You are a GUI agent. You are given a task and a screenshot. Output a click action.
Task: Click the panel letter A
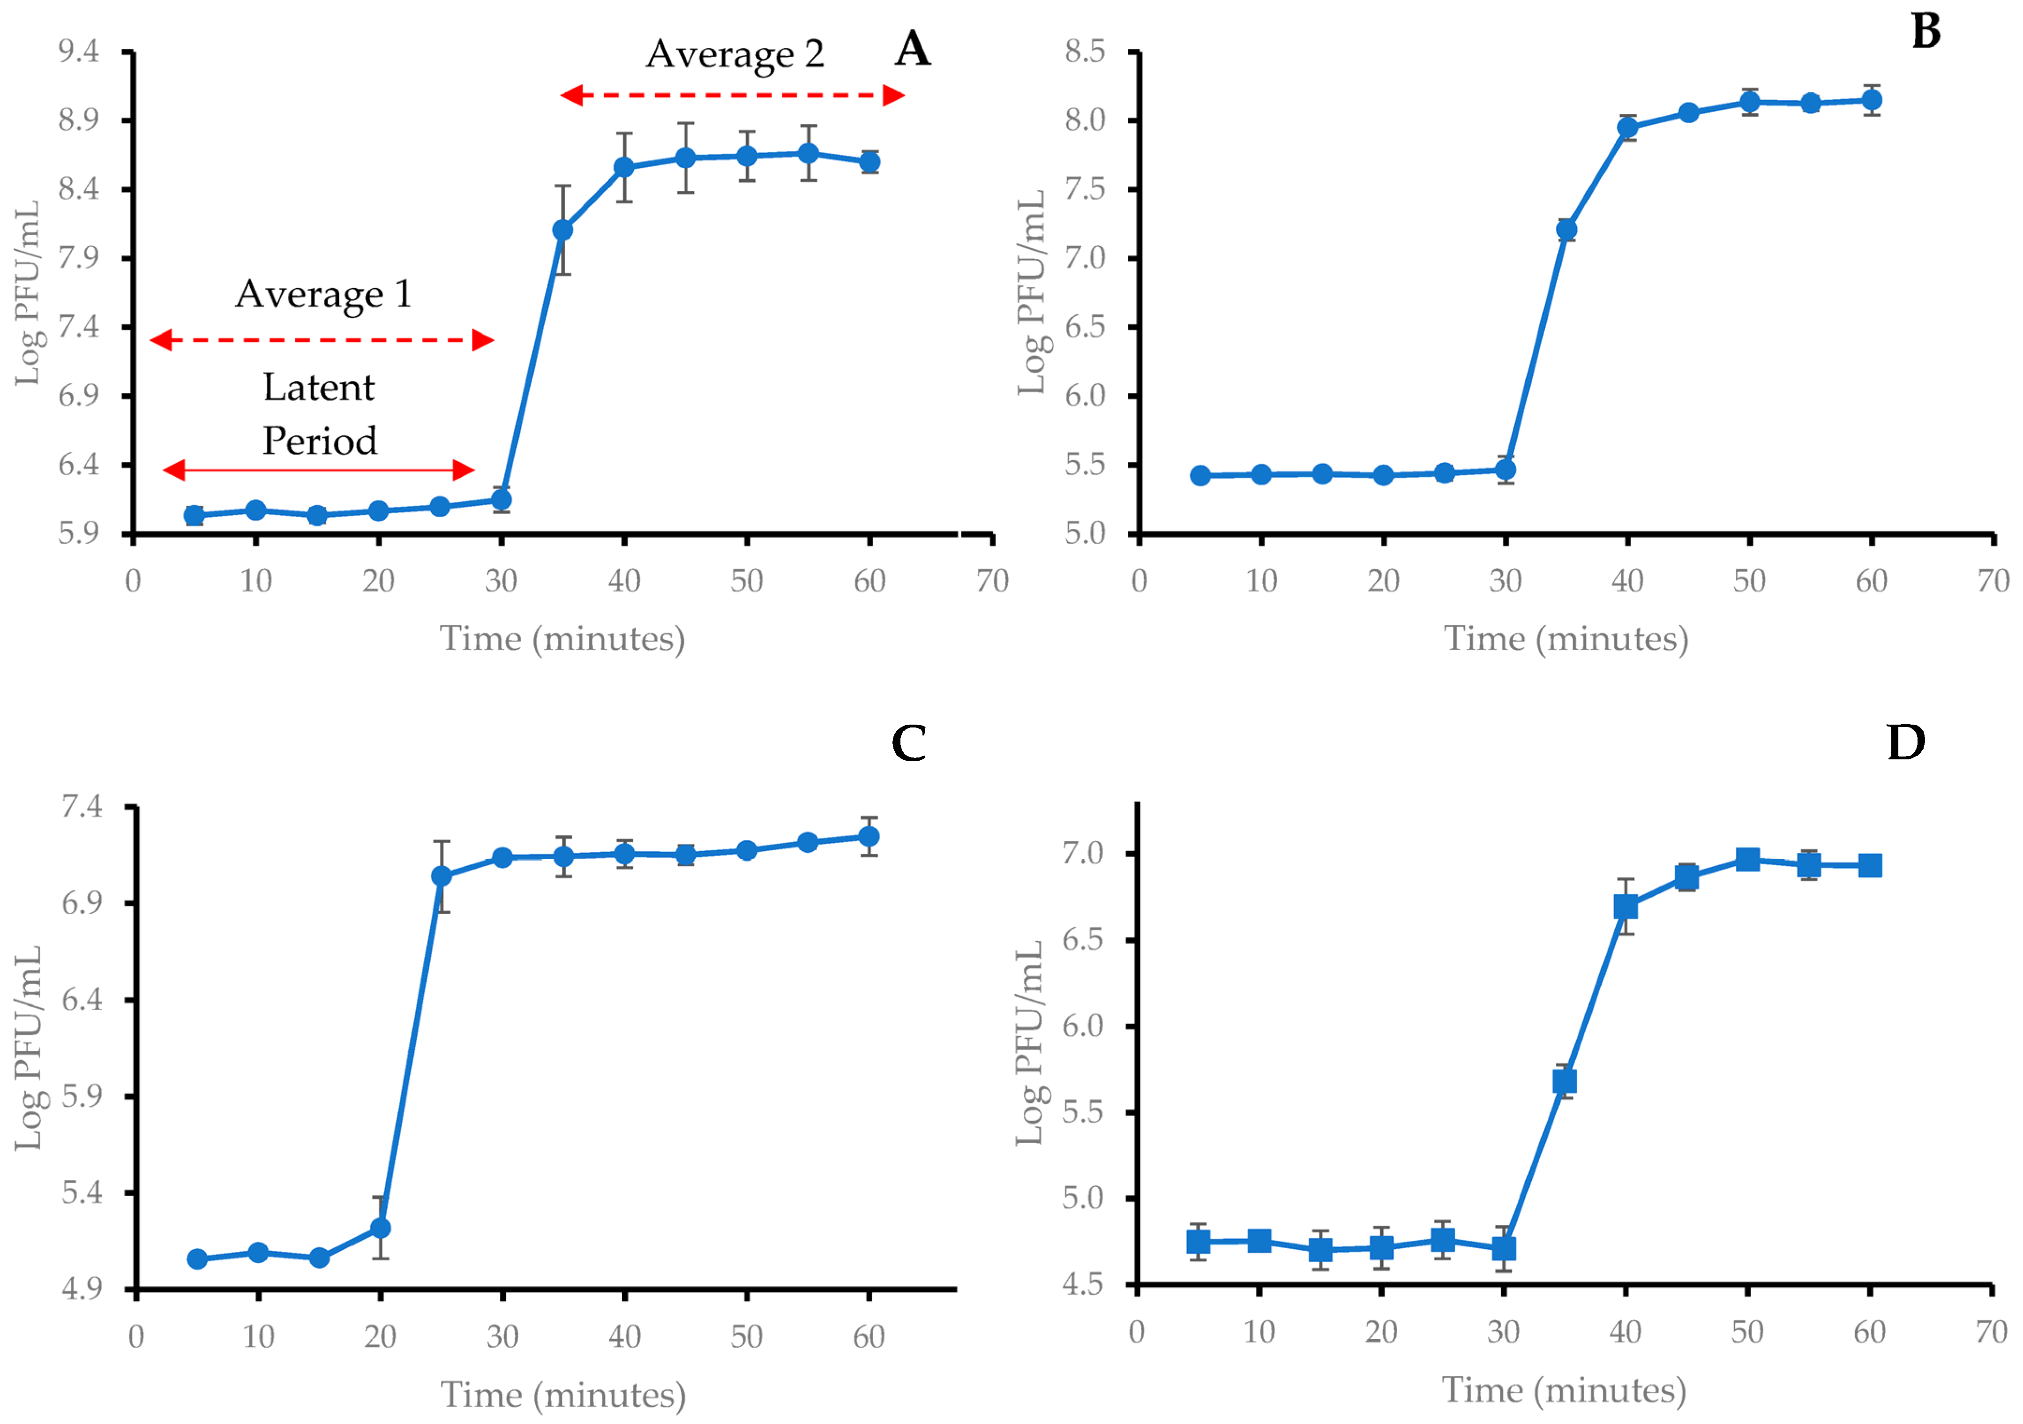pyautogui.click(x=912, y=49)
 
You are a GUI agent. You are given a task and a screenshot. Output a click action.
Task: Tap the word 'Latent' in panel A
pyautogui.click(x=318, y=388)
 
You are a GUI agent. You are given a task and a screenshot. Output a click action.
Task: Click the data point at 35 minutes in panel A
pyautogui.click(x=562, y=230)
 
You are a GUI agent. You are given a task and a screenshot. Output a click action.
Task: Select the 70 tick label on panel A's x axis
pyautogui.click(x=992, y=581)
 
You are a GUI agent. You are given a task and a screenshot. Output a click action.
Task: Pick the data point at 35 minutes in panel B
pyautogui.click(x=1566, y=230)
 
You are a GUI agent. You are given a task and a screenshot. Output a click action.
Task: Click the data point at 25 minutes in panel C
pyautogui.click(x=442, y=876)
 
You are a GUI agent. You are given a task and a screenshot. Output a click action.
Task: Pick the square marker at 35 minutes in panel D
pyautogui.click(x=1564, y=1081)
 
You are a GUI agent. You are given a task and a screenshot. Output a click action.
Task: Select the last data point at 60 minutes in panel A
pyautogui.click(x=869, y=161)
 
